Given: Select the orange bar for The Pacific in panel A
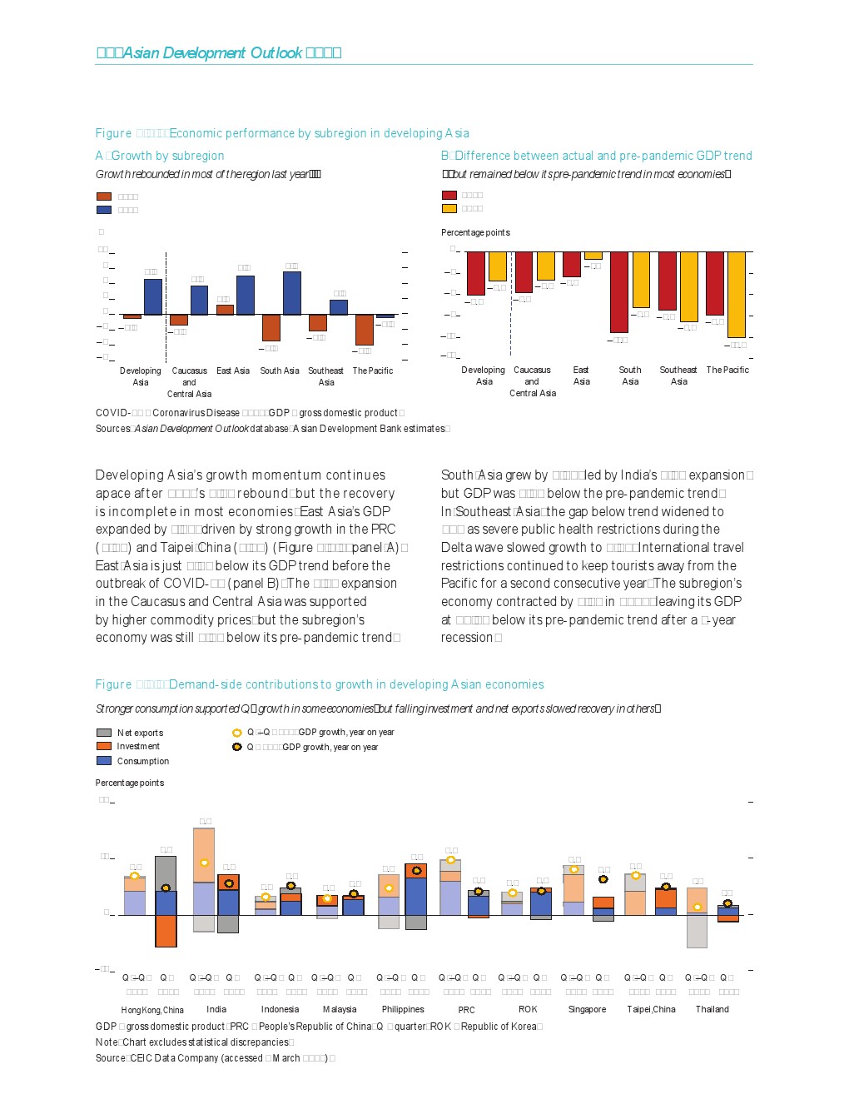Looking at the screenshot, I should [x=364, y=330].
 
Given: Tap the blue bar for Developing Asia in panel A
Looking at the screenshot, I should [x=152, y=296].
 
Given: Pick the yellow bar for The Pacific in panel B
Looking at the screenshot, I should [x=736, y=294].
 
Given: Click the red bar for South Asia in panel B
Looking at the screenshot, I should [x=618, y=291].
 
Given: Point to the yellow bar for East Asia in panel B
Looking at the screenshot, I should [x=593, y=256].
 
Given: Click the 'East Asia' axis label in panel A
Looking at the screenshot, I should [x=233, y=370].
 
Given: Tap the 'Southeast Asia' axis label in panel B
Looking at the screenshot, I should [x=678, y=375].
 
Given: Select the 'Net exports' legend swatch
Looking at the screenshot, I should [x=104, y=733].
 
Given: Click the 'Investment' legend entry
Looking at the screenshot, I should [x=137, y=746].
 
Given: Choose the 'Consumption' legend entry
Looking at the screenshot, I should [x=142, y=761].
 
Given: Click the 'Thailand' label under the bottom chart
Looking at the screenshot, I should [x=712, y=1009].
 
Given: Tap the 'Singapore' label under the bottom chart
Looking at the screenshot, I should [x=587, y=1009].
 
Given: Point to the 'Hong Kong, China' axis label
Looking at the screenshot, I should [x=152, y=1010].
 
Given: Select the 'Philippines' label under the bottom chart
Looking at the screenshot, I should [x=403, y=1009].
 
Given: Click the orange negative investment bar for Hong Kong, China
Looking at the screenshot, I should [x=166, y=931].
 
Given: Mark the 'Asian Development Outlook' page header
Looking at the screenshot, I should [x=220, y=53].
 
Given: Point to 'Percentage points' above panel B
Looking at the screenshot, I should [x=475, y=232].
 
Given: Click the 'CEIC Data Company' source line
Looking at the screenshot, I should [x=216, y=1058].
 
